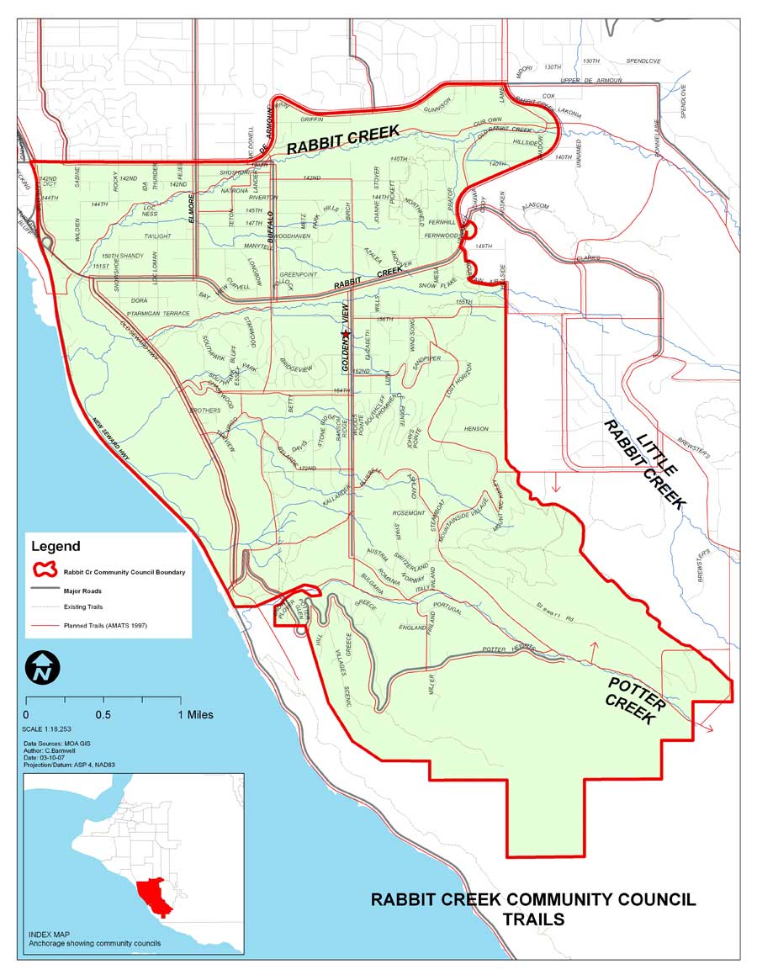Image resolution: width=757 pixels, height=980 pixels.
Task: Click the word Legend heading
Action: tap(56, 547)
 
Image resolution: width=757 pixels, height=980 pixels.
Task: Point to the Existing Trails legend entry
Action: tap(83, 606)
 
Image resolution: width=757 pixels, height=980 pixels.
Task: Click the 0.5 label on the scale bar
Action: tap(103, 715)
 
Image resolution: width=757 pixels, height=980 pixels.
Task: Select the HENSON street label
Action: tap(476, 428)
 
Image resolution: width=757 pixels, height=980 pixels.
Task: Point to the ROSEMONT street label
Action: tap(409, 512)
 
